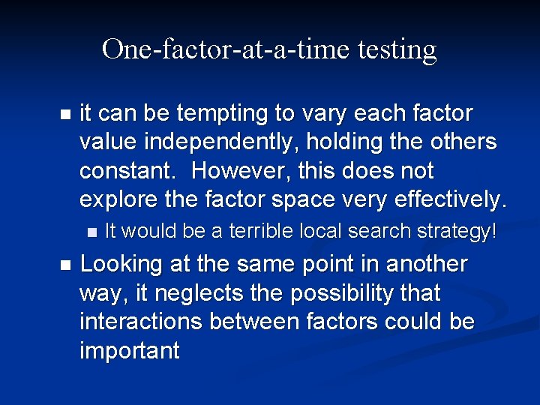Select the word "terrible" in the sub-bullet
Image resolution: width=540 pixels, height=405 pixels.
point(256,232)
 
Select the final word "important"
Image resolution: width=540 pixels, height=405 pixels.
point(129,350)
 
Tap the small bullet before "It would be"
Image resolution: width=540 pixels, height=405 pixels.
point(91,232)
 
